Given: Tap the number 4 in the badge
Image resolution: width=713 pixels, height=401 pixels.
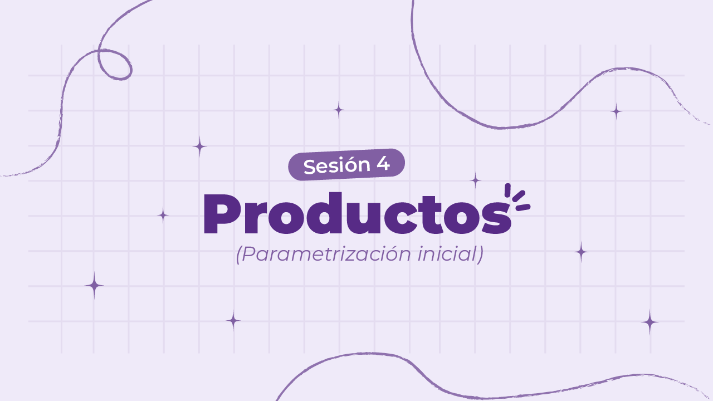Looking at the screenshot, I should (383, 164).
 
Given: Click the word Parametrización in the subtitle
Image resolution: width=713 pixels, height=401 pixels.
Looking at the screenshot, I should (325, 255).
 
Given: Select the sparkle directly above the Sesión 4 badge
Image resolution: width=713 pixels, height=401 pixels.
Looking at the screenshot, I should (339, 110).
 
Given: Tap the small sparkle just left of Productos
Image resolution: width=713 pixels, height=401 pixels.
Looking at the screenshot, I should (163, 215).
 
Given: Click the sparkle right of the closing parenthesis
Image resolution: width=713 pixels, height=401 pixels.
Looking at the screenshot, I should (581, 252).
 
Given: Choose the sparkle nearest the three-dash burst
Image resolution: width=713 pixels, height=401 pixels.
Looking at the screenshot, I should (475, 180).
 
